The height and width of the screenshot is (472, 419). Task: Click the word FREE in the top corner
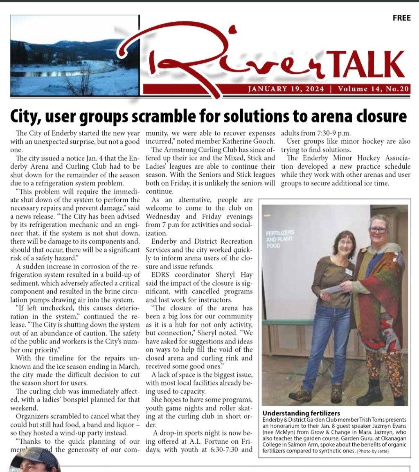401,18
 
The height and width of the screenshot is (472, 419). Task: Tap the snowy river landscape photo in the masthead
74,56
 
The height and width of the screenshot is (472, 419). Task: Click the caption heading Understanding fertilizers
301,413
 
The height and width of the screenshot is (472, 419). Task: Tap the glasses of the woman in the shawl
378,230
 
